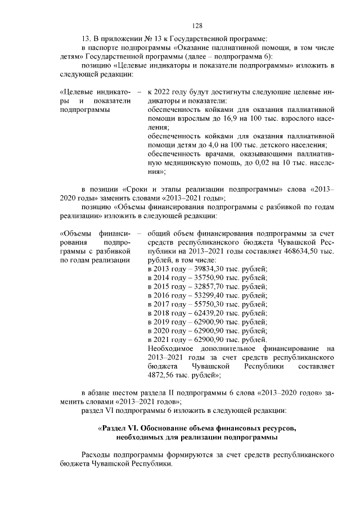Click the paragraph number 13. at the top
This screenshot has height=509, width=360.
point(86,38)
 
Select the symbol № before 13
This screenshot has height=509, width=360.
point(148,38)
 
